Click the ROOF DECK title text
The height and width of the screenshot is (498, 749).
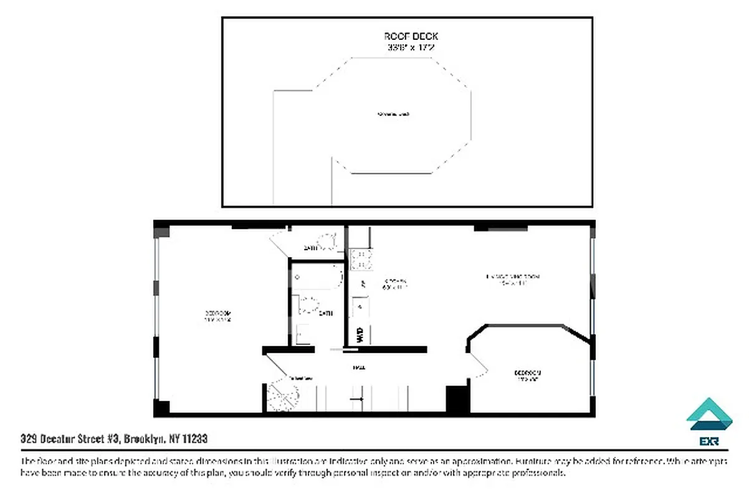tap(407, 37)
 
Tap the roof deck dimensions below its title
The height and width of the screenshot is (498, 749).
tap(407, 47)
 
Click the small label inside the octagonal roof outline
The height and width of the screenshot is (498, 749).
tap(393, 115)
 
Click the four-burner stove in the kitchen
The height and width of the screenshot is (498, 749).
tap(361, 258)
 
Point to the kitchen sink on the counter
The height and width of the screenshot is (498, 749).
tap(360, 307)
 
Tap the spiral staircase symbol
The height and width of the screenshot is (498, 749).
tap(284, 395)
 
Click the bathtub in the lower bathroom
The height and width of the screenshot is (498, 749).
tap(318, 277)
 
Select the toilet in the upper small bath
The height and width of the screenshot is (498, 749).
tap(325, 241)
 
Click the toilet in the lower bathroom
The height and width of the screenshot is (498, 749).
tap(308, 306)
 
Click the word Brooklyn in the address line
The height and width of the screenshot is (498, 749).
tap(144, 439)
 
